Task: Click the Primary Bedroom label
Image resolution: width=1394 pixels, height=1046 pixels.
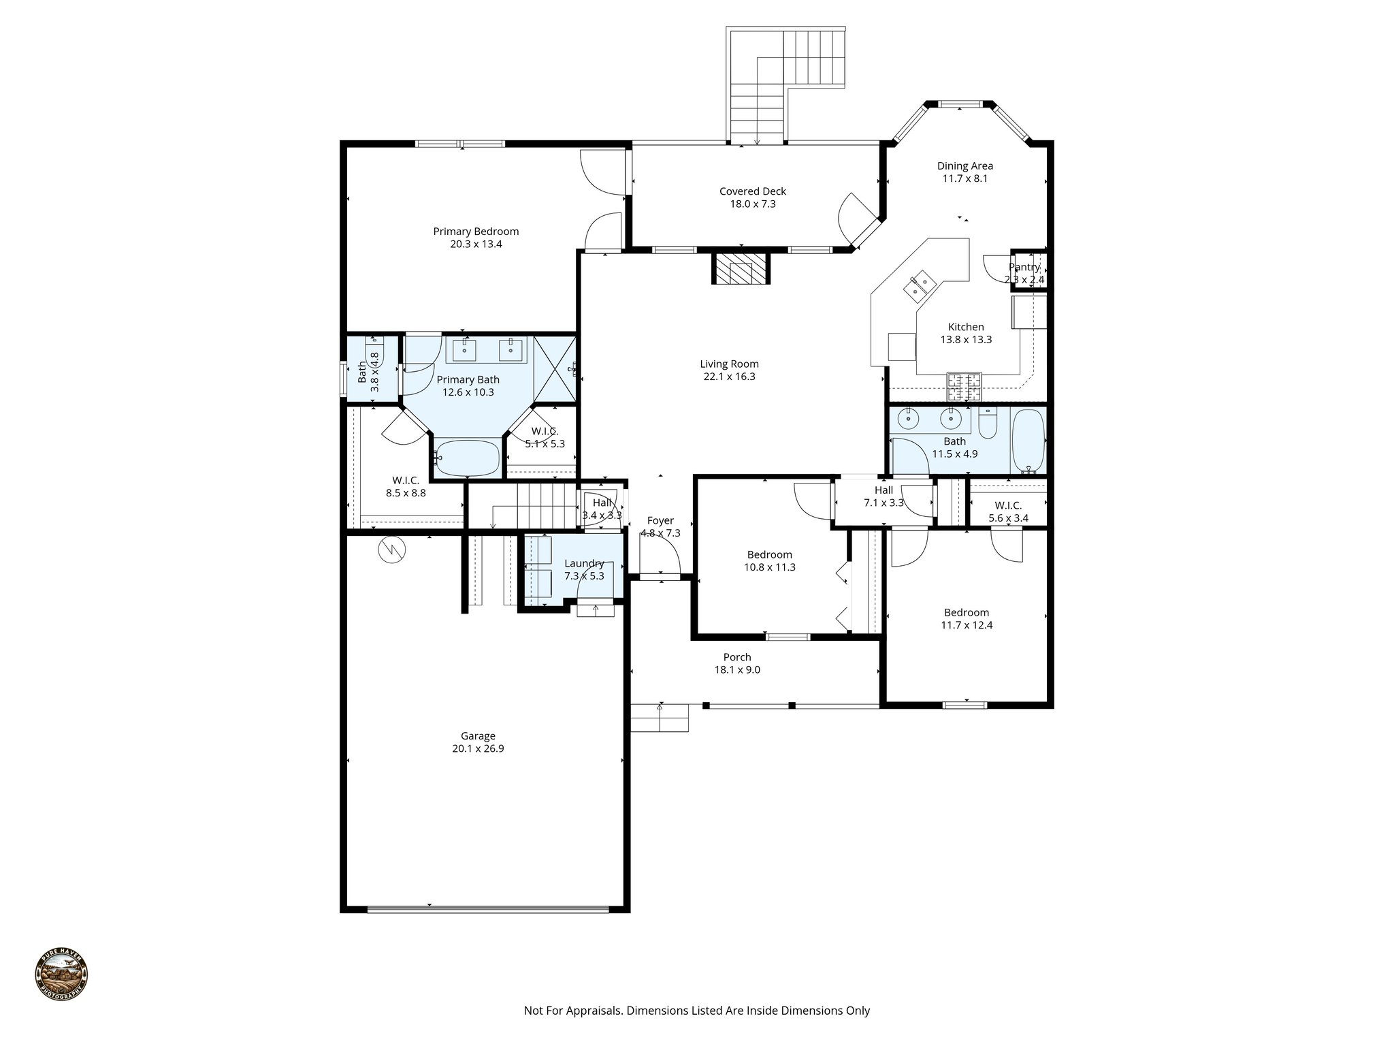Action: [x=476, y=232]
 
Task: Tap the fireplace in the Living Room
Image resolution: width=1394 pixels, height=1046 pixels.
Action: [x=741, y=270]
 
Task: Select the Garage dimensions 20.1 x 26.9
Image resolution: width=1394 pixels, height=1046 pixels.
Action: [x=478, y=748]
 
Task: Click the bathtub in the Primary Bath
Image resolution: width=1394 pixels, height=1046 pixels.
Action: [x=467, y=458]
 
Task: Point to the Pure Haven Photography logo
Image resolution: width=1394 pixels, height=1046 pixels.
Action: [x=61, y=975]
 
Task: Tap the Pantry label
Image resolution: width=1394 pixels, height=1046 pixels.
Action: [x=1024, y=267]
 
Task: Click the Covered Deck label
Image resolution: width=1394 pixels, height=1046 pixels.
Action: [x=752, y=191]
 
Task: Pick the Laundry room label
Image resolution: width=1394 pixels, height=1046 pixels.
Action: [x=584, y=563]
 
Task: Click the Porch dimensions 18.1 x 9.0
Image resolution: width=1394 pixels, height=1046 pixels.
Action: [x=737, y=669]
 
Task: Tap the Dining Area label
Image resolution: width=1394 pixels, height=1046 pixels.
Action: [x=965, y=165]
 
